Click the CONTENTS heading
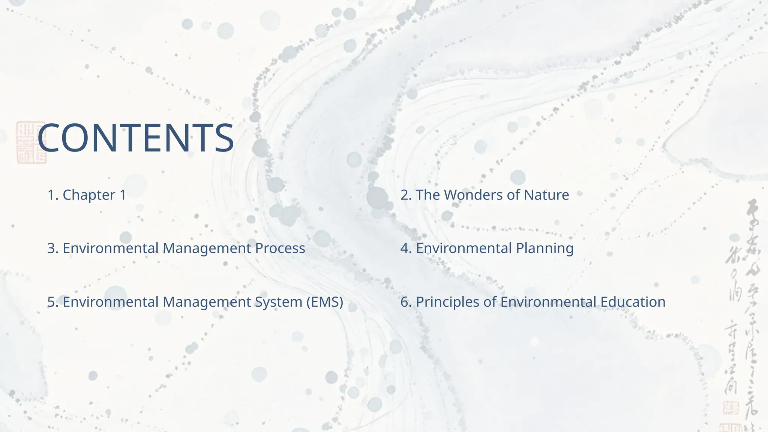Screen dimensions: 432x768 (136, 138)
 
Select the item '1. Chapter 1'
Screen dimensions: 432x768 (87, 195)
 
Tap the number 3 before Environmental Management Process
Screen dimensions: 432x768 (51, 248)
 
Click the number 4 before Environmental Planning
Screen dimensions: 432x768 (405, 248)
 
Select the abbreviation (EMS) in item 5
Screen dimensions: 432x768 (324, 302)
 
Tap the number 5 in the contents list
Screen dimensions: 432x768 (51, 302)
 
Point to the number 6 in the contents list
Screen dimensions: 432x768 (405, 302)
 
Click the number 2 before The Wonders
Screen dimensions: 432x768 (405, 195)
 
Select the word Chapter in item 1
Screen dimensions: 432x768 (89, 195)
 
